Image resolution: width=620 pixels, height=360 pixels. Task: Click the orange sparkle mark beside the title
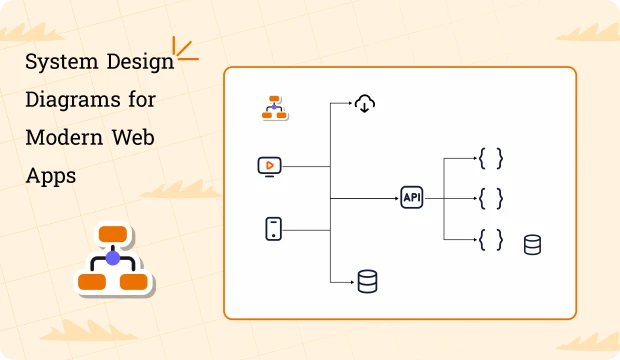184,50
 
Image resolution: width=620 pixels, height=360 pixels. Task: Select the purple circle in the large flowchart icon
113,258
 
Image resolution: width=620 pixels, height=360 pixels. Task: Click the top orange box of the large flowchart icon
113,236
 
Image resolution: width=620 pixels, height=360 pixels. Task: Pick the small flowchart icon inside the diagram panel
274,108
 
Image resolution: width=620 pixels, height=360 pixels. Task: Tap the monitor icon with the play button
270,166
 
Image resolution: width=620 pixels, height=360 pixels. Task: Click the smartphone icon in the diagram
272,229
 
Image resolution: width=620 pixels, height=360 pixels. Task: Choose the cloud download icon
366,102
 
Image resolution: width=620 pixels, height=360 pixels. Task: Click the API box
412,198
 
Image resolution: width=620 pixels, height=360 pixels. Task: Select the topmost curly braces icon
490,159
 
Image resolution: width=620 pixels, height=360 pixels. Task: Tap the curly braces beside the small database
490,239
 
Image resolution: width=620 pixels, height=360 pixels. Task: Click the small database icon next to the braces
532,244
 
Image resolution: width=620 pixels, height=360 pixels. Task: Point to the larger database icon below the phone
367,283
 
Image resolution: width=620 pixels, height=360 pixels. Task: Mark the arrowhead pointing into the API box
396,198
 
